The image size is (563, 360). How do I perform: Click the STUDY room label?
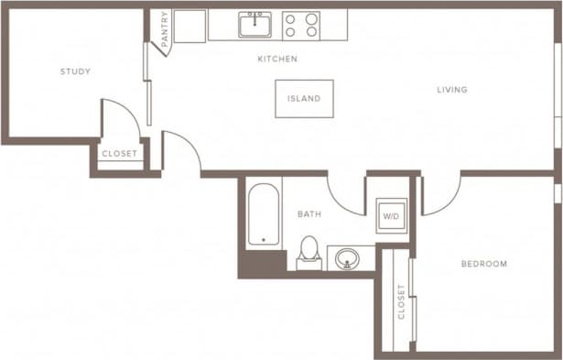[75, 71]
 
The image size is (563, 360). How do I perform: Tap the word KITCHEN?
[276, 60]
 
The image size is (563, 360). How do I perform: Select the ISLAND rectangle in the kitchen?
[304, 99]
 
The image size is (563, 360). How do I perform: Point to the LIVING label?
[452, 90]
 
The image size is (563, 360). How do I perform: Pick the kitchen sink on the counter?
[254, 25]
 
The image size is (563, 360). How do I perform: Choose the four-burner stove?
[300, 25]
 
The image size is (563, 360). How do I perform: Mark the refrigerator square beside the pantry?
[189, 27]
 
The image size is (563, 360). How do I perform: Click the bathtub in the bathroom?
[263, 215]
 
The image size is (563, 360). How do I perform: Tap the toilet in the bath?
[309, 252]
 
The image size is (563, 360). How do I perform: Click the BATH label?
[309, 214]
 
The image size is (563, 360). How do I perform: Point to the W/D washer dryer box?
[391, 217]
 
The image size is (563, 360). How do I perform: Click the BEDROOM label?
[483, 264]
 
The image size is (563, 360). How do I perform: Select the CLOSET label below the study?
[119, 154]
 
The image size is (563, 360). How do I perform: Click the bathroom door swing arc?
[346, 195]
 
